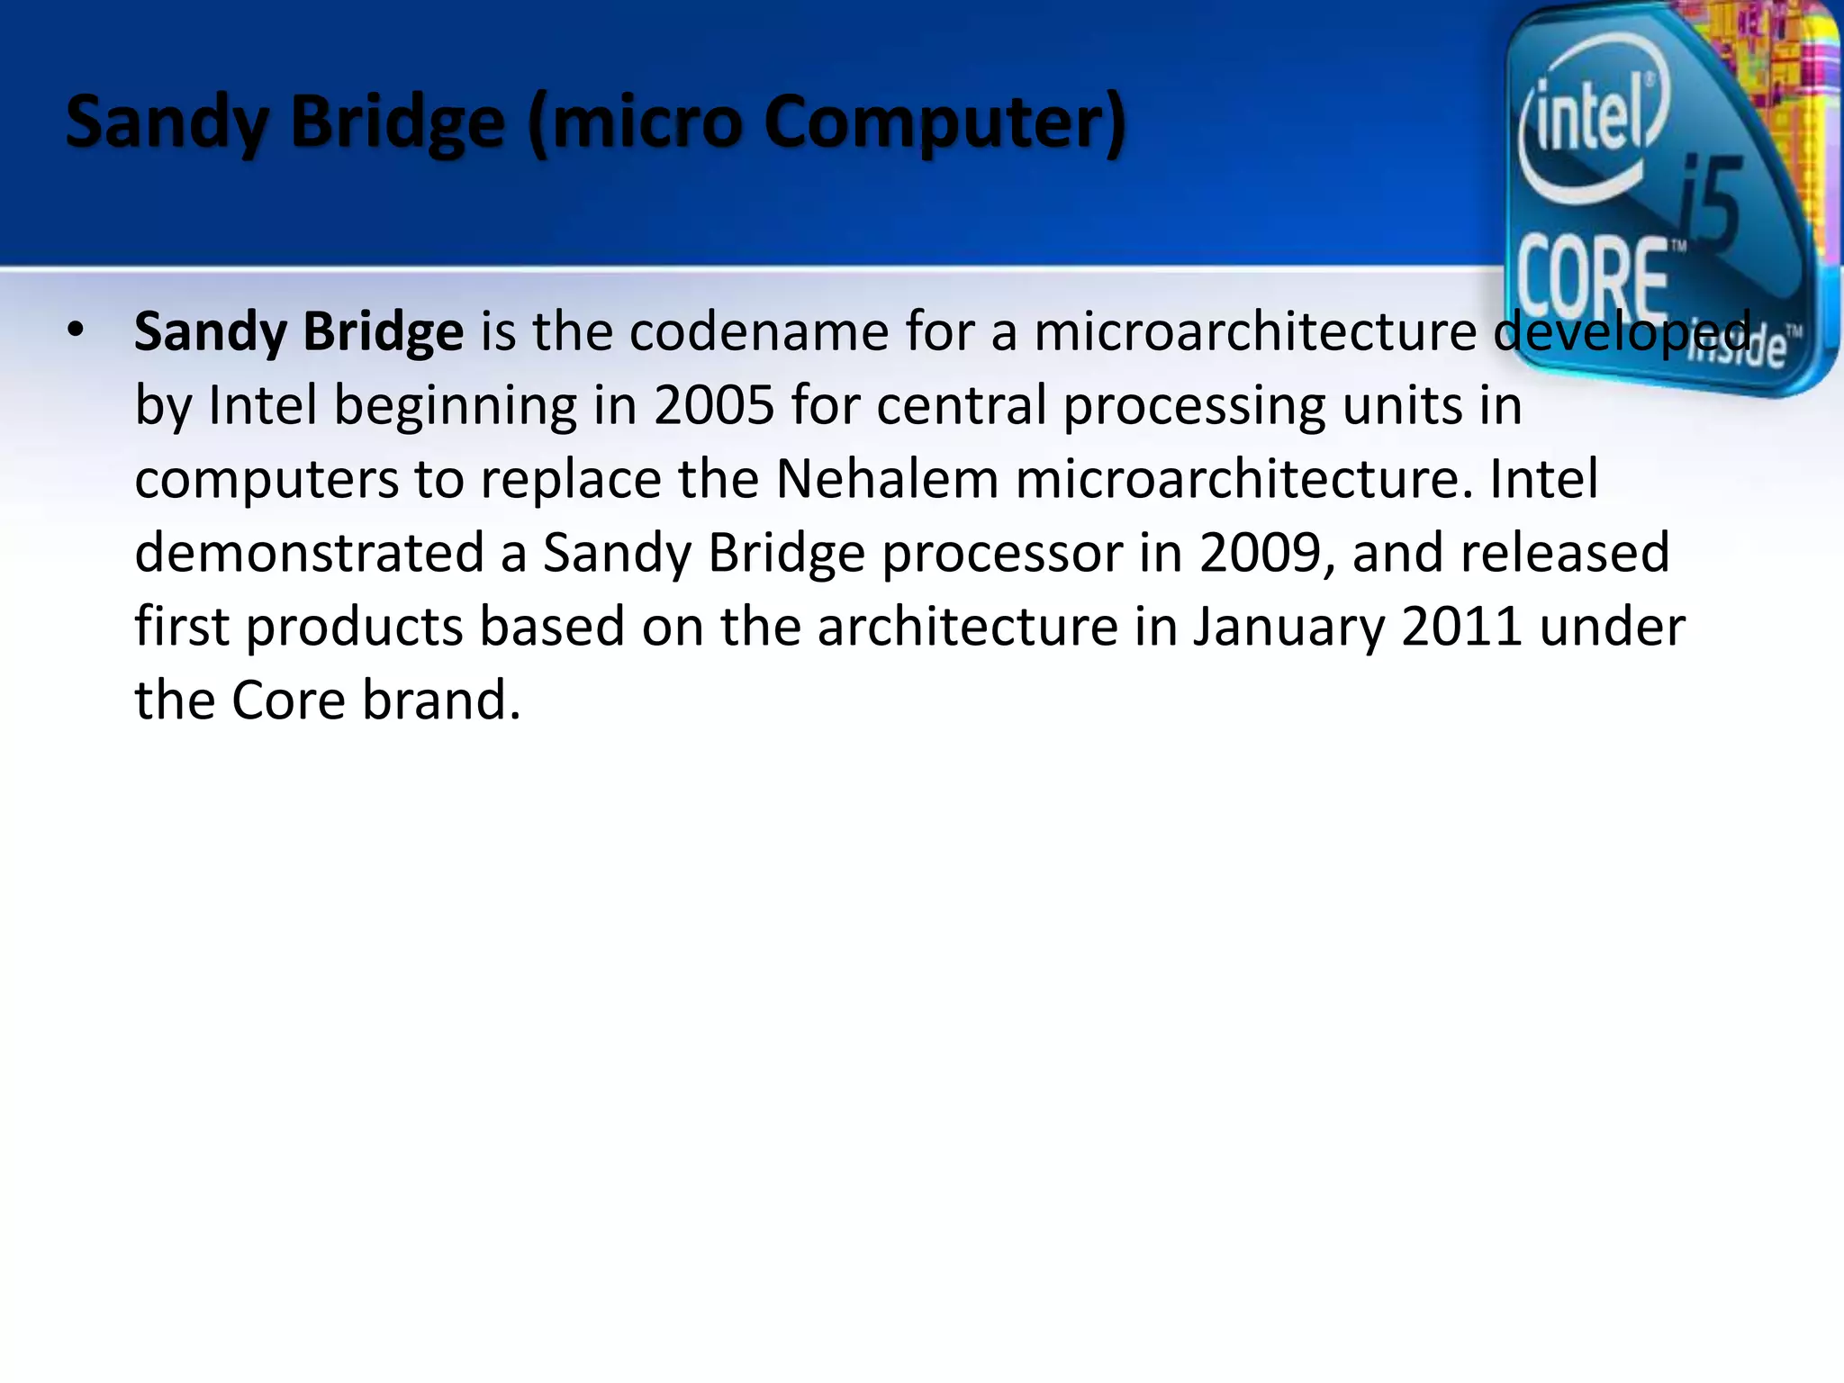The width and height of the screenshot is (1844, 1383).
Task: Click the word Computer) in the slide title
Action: click(945, 123)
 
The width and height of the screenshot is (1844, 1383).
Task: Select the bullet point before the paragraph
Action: click(76, 330)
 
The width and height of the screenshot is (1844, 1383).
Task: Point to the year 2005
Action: click(714, 405)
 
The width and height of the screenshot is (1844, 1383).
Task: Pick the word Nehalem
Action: click(887, 478)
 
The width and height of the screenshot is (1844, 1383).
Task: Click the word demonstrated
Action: click(309, 552)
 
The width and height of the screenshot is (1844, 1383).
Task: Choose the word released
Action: click(1565, 552)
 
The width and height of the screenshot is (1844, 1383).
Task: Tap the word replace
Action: click(570, 479)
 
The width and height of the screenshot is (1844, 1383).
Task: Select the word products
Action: click(354, 627)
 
